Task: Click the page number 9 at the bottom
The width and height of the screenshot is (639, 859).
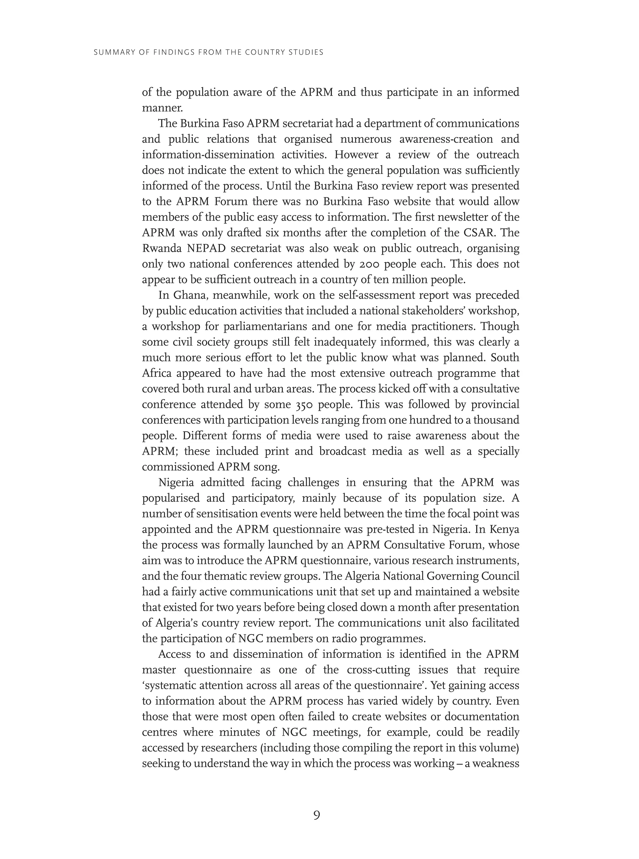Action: point(316,815)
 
